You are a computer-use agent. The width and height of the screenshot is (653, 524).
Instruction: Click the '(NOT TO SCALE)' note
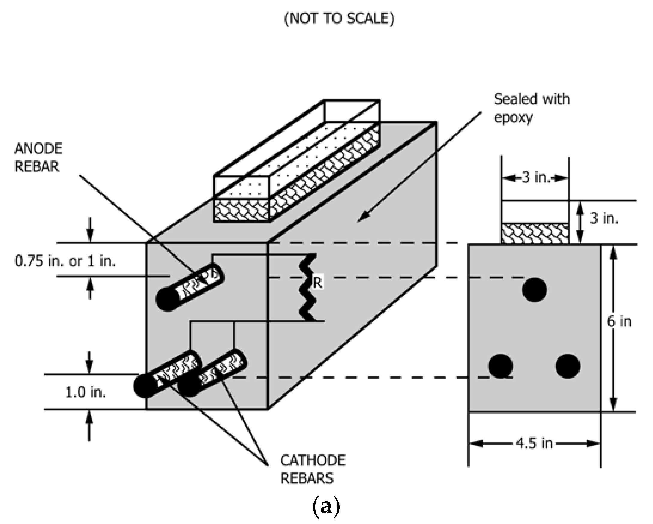pyautogui.click(x=339, y=19)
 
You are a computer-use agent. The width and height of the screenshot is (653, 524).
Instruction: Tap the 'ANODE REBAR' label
pyautogui.click(x=38, y=157)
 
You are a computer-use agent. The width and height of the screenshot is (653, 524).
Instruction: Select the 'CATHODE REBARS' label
pyautogui.click(x=313, y=469)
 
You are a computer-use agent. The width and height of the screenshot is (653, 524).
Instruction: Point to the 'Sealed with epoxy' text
pyautogui.click(x=532, y=108)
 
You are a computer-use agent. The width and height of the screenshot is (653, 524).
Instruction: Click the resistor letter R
pyautogui.click(x=317, y=283)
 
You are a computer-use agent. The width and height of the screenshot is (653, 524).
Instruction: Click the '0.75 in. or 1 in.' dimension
pyautogui.click(x=65, y=261)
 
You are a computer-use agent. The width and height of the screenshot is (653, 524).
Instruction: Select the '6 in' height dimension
pyautogui.click(x=619, y=321)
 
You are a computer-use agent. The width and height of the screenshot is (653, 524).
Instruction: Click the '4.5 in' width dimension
pyautogui.click(x=535, y=443)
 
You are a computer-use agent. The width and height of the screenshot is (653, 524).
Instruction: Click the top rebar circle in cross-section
pyautogui.click(x=535, y=290)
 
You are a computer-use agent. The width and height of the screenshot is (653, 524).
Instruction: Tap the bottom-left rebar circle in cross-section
pyautogui.click(x=501, y=366)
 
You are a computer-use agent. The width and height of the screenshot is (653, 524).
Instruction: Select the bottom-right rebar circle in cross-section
pyautogui.click(x=568, y=366)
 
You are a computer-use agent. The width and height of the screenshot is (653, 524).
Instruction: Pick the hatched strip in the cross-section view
pyautogui.click(x=535, y=234)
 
